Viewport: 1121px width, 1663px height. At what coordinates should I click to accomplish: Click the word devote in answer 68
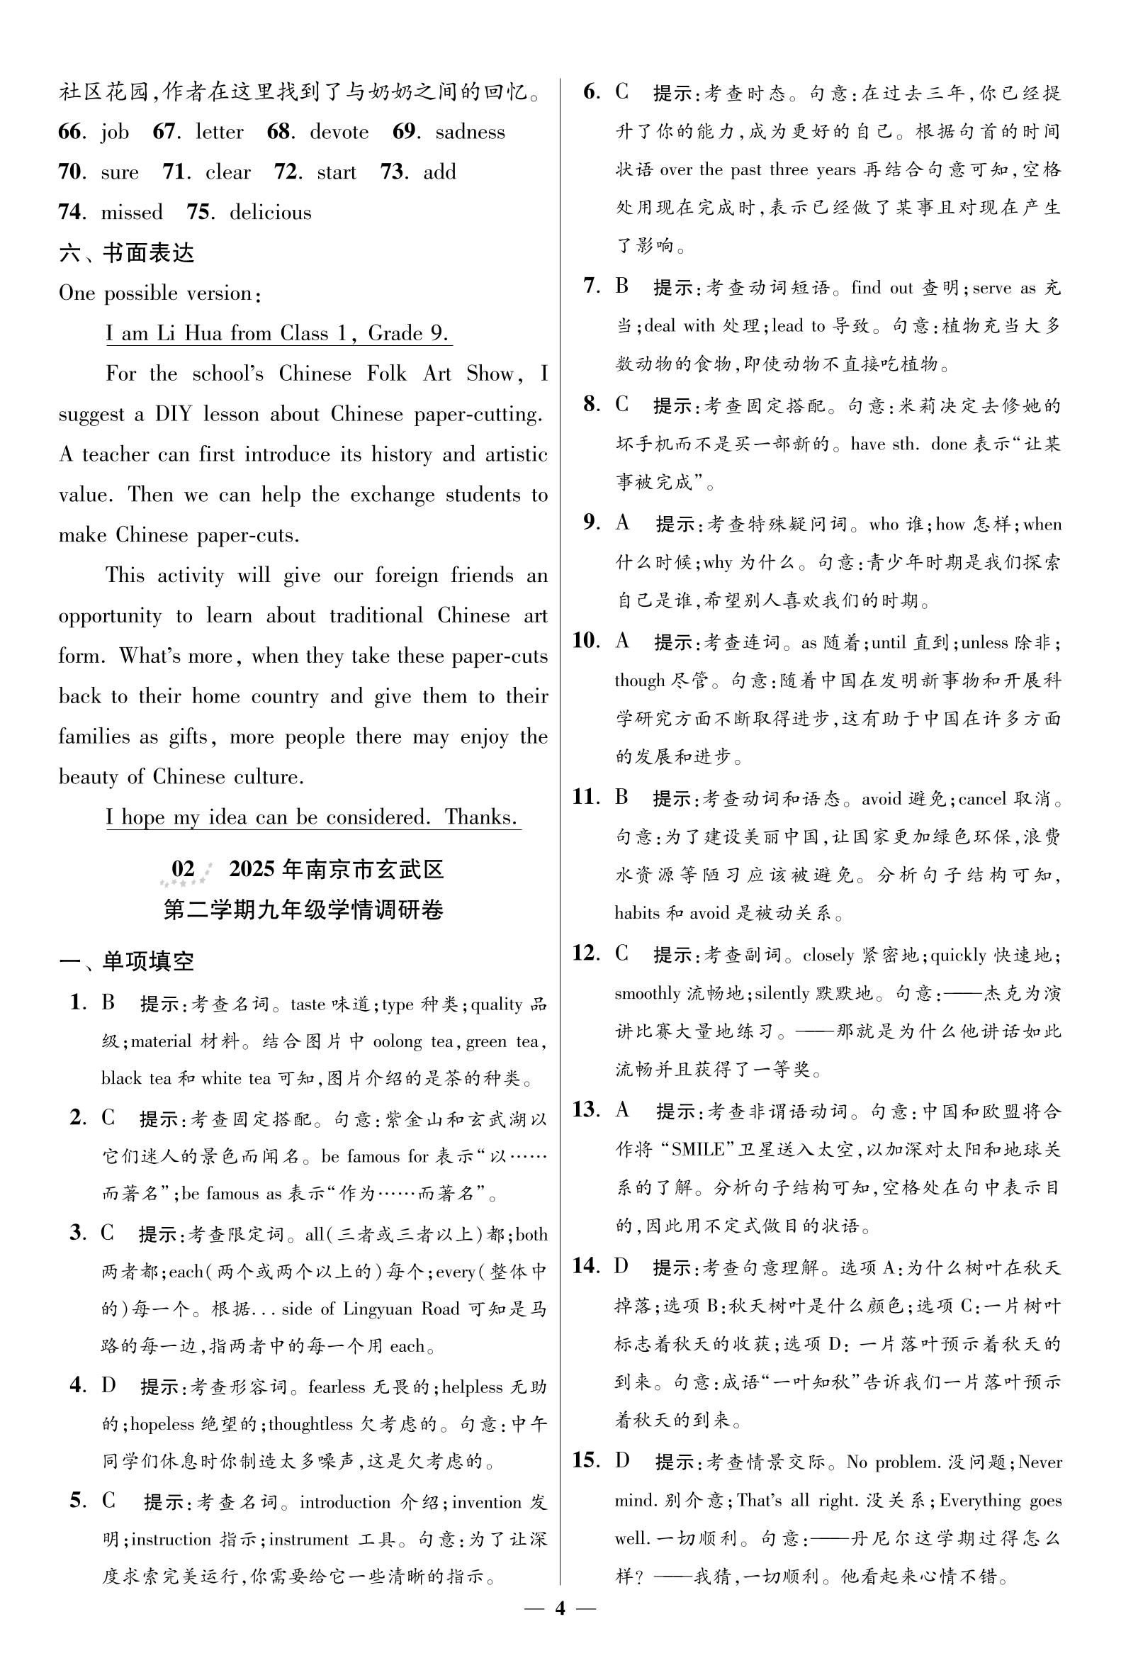pyautogui.click(x=339, y=133)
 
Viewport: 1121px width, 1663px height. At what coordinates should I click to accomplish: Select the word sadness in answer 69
pyautogui.click(x=470, y=133)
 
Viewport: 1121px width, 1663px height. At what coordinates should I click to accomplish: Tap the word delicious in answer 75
pyautogui.click(x=270, y=213)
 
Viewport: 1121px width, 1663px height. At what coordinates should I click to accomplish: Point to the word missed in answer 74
pyautogui.click(x=132, y=213)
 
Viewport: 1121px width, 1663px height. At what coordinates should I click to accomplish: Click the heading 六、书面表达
pyautogui.click(x=127, y=253)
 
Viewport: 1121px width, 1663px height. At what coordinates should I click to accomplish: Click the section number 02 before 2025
pyautogui.click(x=184, y=869)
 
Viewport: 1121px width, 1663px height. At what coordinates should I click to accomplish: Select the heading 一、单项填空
pyautogui.click(x=127, y=961)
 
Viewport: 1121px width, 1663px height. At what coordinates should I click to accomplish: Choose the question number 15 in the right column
pyautogui.click(x=585, y=1460)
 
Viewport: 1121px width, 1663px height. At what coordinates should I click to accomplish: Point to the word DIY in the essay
pyautogui.click(x=173, y=415)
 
